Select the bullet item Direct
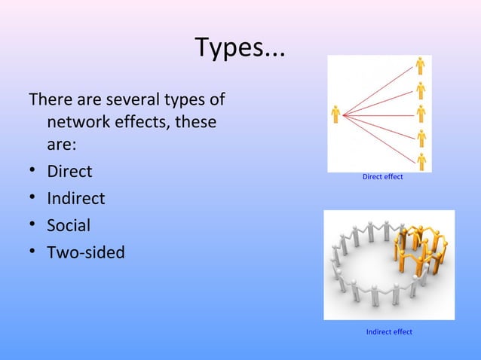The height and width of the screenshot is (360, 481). point(69,171)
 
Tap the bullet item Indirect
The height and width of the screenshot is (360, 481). point(76,198)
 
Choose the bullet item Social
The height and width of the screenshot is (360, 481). point(69,225)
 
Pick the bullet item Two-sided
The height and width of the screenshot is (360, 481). point(86,252)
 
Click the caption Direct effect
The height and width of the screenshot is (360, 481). point(383,177)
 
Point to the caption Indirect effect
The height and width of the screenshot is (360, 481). point(389,332)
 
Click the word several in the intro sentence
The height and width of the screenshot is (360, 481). point(133,99)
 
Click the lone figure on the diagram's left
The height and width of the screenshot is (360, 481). point(335,114)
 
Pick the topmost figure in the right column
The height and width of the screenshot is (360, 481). point(421,66)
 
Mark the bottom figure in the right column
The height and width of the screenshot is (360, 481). point(421,160)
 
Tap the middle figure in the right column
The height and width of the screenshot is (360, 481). point(421,114)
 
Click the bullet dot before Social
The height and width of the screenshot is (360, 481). point(33,226)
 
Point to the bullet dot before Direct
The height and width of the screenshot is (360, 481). point(33,172)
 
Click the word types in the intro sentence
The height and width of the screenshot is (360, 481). point(185,99)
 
